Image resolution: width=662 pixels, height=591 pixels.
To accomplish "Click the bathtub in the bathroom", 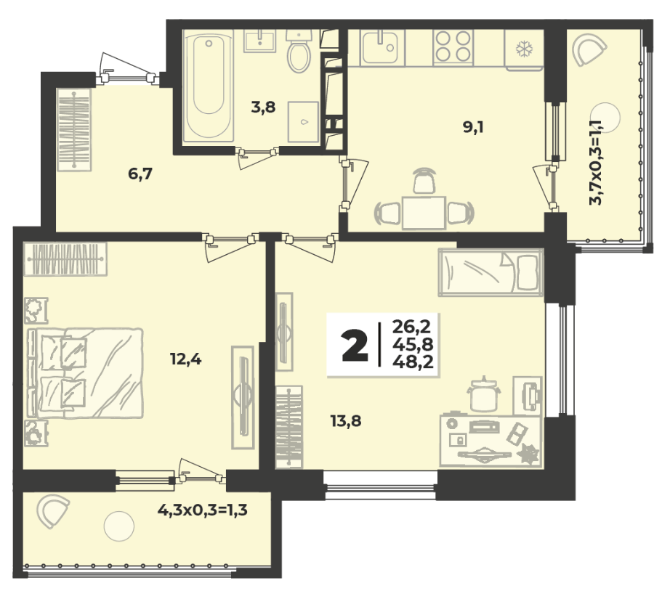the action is coord(209,86).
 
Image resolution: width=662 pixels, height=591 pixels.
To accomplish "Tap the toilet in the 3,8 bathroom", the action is coord(299,50).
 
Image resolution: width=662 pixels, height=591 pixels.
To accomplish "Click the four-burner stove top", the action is coord(453,46).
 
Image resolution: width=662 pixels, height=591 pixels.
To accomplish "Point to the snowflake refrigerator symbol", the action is coord(525,49).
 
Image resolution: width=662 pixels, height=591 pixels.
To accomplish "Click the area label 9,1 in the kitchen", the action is coord(473,127).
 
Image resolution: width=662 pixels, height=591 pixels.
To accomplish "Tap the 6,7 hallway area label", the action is coord(140,174).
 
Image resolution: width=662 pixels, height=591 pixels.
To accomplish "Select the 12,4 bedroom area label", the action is coord(186,359).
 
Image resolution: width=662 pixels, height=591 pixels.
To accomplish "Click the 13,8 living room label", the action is coord(346,420).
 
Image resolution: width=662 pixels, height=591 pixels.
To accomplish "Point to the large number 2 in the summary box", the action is coord(355,346).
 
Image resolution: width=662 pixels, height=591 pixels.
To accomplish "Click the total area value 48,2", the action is coord(413,362).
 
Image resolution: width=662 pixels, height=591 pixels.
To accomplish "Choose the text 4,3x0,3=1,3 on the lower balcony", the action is coord(203,510).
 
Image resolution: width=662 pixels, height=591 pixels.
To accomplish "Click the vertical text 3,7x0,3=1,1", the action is coord(595,163).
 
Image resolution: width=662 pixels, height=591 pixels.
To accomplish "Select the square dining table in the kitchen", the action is coord(424,213).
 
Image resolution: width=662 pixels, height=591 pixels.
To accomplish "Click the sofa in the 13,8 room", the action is coord(491,272).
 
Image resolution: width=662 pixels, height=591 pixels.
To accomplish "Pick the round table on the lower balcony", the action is coord(119,526).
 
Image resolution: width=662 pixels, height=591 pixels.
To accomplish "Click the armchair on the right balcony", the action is coord(589,49).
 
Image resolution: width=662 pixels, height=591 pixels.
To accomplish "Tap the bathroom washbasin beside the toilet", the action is coord(260,40).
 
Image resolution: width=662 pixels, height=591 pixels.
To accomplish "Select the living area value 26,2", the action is coord(411,327).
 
